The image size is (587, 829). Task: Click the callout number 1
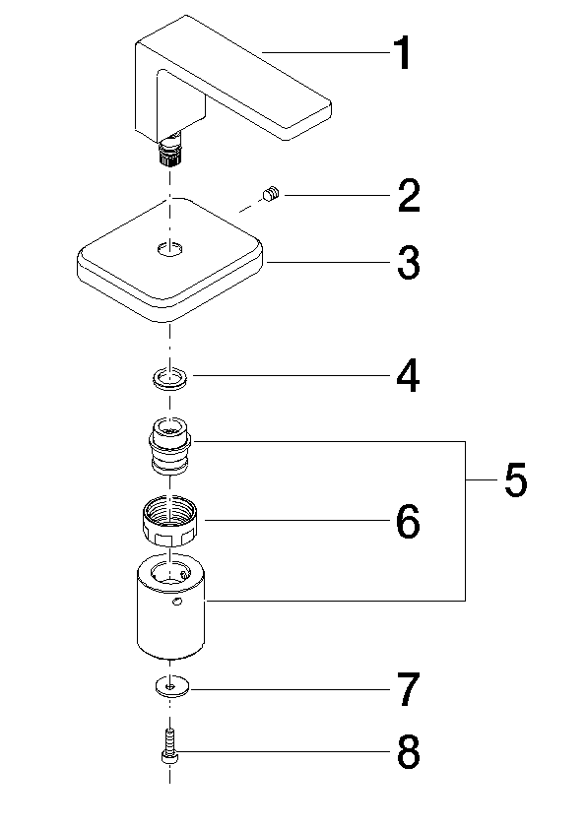point(403,53)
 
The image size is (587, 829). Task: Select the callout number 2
point(409,196)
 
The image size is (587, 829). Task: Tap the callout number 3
point(409,262)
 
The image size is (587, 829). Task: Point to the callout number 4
point(409,376)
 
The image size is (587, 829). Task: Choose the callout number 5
point(516,479)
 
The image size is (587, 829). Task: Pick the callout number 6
point(409,521)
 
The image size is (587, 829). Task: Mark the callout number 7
point(409,689)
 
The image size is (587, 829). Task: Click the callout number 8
point(409,751)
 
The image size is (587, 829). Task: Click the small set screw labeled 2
point(271,194)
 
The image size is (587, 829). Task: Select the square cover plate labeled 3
point(170,260)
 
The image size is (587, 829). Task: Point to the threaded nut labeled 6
point(170,522)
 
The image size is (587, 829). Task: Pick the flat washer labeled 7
point(171,687)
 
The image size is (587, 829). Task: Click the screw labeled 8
point(169,746)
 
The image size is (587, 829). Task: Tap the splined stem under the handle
point(170,152)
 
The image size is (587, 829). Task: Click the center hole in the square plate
point(170,248)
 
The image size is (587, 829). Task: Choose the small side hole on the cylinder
point(177,601)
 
